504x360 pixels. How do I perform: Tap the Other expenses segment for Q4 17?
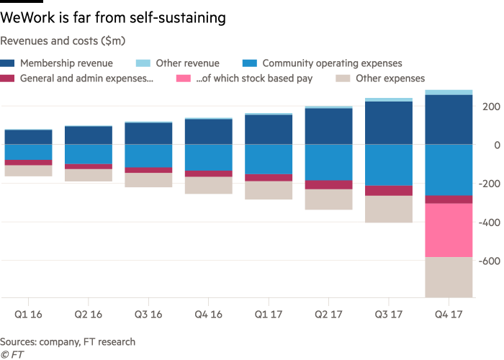[x=449, y=277]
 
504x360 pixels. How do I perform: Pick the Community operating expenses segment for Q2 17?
[x=328, y=162]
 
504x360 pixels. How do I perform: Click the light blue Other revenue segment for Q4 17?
[x=449, y=92]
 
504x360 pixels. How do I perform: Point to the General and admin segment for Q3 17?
[x=389, y=190]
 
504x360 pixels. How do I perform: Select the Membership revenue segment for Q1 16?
[x=28, y=137]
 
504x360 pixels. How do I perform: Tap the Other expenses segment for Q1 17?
[x=269, y=190]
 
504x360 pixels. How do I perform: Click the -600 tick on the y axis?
[x=489, y=261]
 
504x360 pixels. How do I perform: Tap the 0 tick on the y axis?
[x=495, y=145]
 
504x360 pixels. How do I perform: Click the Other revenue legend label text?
[x=187, y=63]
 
